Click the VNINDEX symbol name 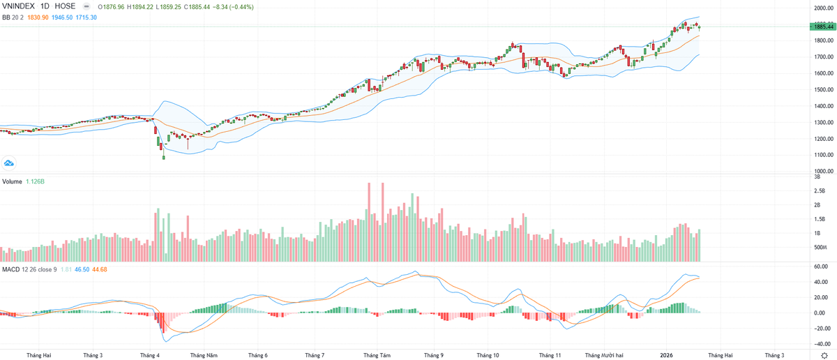[x=18, y=6]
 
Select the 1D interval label [x=47, y=6]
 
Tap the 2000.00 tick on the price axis [x=824, y=8]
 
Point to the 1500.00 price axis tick [x=824, y=90]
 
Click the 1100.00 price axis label [x=824, y=155]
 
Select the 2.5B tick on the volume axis [x=820, y=190]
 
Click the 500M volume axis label [x=820, y=248]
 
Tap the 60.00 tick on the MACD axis [x=821, y=267]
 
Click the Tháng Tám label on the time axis [x=377, y=354]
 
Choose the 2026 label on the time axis [x=668, y=354]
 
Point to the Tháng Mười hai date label [x=603, y=354]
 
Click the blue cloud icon [x=9, y=163]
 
